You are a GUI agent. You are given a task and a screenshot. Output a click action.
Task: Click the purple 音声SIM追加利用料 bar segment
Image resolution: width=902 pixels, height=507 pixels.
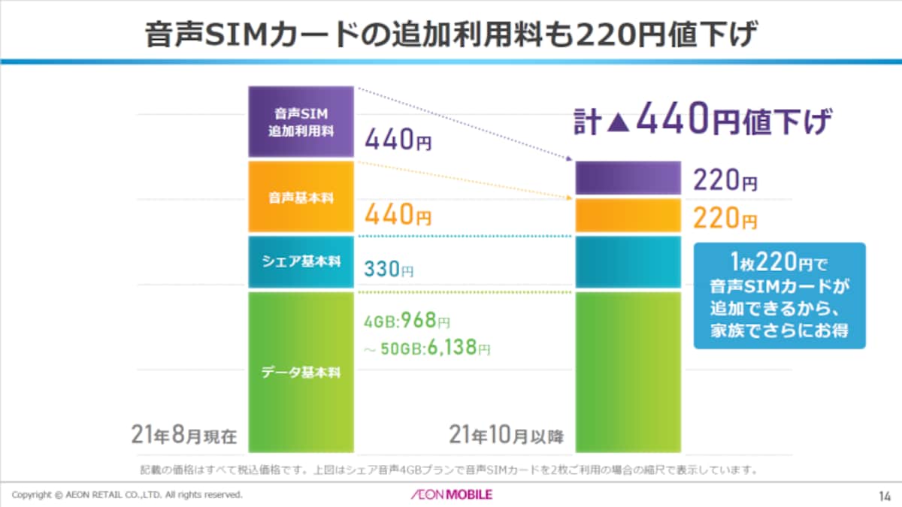point(301,122)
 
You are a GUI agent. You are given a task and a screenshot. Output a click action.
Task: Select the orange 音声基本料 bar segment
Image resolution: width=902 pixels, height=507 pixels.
point(301,197)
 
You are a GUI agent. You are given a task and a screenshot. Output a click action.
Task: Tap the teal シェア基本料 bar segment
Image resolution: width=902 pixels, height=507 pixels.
point(301,262)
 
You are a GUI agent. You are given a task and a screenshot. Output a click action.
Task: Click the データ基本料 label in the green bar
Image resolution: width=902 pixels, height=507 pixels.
point(301,373)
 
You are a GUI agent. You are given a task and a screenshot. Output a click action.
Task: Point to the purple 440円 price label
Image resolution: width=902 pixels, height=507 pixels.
point(398,139)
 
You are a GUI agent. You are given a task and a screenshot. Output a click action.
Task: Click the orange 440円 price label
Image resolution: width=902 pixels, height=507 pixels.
point(398,214)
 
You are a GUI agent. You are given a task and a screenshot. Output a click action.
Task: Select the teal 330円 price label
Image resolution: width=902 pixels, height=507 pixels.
point(389,269)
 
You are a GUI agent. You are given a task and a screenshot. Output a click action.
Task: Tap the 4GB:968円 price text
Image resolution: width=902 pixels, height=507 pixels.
point(407,321)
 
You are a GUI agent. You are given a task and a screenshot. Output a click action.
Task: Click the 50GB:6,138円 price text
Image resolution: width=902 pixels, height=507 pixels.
point(427,348)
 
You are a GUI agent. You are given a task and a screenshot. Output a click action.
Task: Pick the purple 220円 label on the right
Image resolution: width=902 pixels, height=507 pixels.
point(725,180)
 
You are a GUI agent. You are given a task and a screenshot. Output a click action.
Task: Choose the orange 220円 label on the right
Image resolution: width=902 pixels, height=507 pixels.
point(725,218)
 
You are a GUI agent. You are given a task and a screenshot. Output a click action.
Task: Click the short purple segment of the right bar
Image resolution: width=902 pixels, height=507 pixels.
point(628,178)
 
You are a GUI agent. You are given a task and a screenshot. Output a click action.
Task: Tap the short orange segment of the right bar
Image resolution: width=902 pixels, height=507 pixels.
point(628,216)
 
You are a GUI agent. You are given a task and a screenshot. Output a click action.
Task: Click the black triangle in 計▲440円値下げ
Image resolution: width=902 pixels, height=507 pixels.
point(618,122)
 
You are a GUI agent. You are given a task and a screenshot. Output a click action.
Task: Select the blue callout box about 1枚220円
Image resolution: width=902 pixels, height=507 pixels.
point(779,295)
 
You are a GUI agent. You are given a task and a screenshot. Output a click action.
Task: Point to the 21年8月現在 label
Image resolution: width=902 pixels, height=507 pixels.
point(184,435)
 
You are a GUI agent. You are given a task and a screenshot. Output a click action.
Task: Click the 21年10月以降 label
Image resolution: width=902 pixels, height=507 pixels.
point(507,435)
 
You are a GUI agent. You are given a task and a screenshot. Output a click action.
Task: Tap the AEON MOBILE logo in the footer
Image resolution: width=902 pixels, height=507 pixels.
point(452,494)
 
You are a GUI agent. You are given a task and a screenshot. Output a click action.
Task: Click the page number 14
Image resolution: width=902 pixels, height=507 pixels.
point(884,496)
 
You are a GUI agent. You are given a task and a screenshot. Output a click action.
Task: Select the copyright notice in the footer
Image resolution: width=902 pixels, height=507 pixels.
point(127,494)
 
